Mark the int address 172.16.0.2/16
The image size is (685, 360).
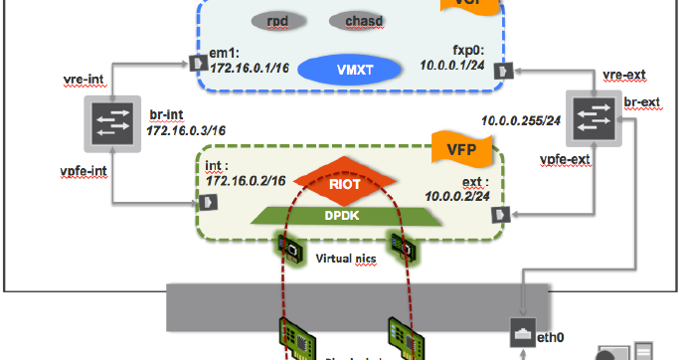coord(247,180)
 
